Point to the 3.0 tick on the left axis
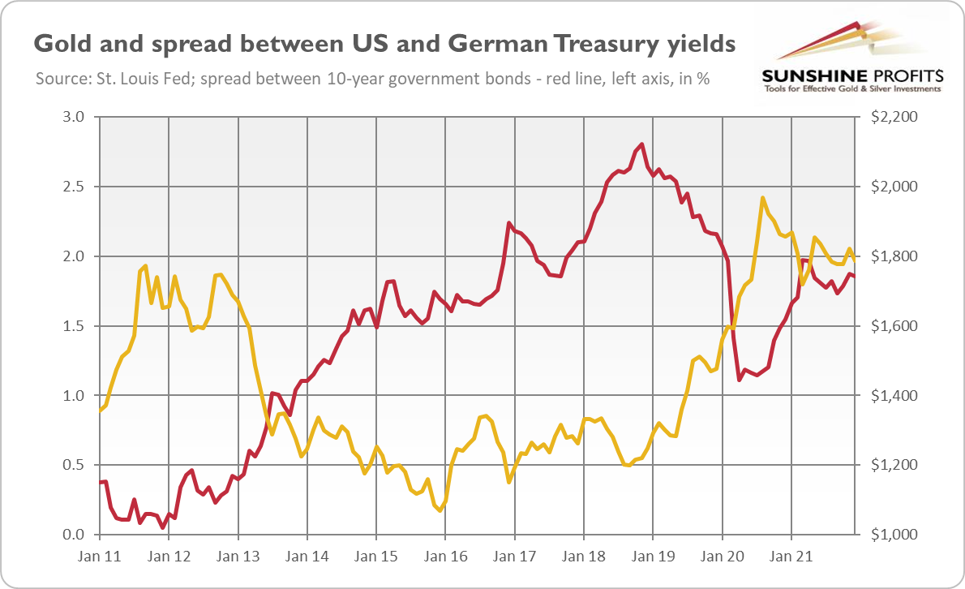[x=75, y=117]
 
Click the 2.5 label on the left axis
[x=75, y=187]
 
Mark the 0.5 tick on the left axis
[x=75, y=466]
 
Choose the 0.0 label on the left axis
[x=75, y=535]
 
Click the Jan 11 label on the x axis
[x=99, y=558]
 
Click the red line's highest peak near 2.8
[x=642, y=144]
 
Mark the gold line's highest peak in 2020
[x=763, y=198]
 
